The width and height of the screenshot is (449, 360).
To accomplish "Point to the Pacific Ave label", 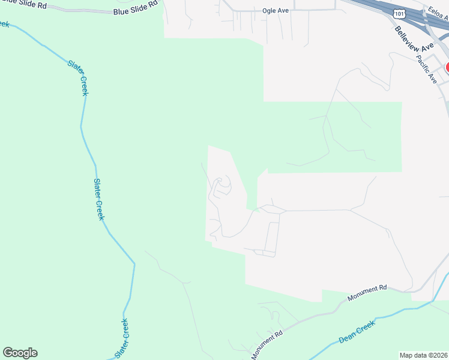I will pos(428,70).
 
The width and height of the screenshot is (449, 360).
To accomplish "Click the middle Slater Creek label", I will pos(99,199).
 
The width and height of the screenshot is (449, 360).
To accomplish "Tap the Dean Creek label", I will pos(357,331).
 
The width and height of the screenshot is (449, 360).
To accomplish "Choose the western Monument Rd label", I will pos(267,346).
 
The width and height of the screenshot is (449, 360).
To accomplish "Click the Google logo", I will pos(20,353).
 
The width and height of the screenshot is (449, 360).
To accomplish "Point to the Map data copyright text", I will pos(424,355).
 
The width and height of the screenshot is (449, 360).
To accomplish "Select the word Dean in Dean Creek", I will pos(348,336).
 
